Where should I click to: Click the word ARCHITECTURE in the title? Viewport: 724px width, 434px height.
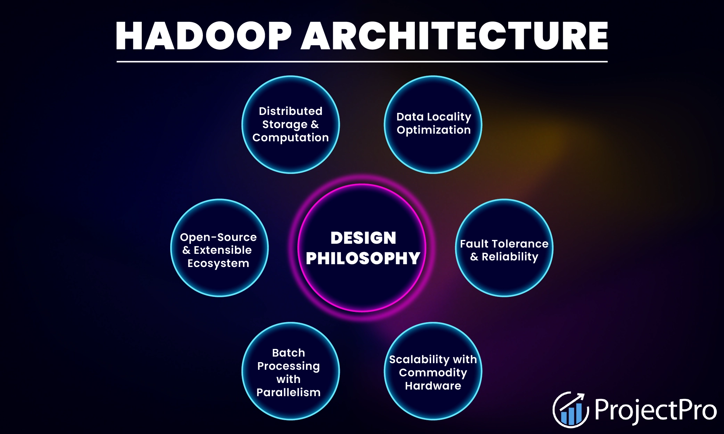(454, 36)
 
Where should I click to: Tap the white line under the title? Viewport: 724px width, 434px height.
(362, 62)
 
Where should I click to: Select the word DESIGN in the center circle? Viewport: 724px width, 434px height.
(363, 238)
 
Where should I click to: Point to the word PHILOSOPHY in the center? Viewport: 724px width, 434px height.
(363, 259)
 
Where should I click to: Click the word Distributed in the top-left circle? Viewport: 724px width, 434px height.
(290, 111)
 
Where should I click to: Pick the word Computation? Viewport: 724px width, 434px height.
(290, 138)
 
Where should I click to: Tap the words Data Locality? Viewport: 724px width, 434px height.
(434, 117)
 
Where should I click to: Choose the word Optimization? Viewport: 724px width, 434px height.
(434, 130)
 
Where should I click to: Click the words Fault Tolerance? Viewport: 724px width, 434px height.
(504, 244)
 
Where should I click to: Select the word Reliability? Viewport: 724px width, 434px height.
(510, 257)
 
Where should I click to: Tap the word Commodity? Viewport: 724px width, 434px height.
(433, 373)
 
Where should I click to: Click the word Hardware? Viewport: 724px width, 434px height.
(433, 386)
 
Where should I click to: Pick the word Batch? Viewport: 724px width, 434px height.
(288, 353)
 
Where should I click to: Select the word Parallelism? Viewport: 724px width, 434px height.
(288, 392)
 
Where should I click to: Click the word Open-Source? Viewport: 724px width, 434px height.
(218, 237)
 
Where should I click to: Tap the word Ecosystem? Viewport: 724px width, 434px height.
(218, 264)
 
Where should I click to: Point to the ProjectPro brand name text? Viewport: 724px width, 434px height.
(656, 410)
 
